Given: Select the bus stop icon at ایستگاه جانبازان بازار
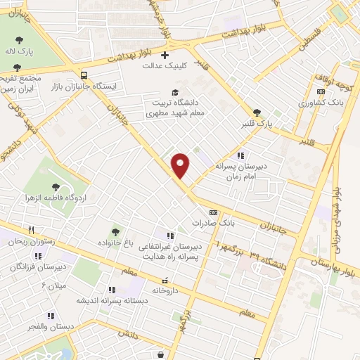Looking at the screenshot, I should click(84, 75).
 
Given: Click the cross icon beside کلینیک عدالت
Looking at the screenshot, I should click(165, 55).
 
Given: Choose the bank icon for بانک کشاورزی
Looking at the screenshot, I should click(321, 91).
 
